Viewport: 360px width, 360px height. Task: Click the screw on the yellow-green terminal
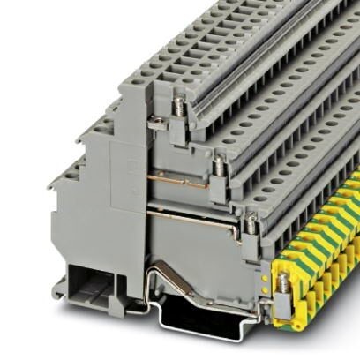(x=282, y=283)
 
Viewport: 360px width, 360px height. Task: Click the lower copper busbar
(x=190, y=214)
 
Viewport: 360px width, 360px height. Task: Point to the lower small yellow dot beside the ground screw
(x=263, y=286)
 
